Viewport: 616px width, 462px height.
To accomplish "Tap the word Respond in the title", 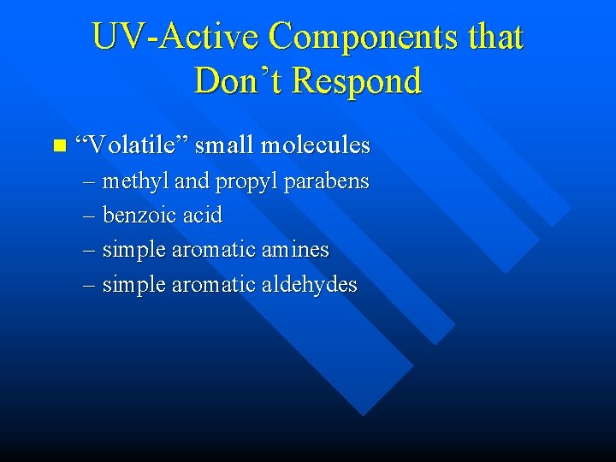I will [x=358, y=81].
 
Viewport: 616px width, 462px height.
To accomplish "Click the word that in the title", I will [x=492, y=37].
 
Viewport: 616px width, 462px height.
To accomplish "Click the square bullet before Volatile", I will [x=58, y=146].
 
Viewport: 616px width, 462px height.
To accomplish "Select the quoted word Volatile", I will [x=132, y=145].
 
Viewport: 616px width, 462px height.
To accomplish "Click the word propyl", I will [x=246, y=182].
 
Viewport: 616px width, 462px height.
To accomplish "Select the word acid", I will [x=202, y=216].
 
